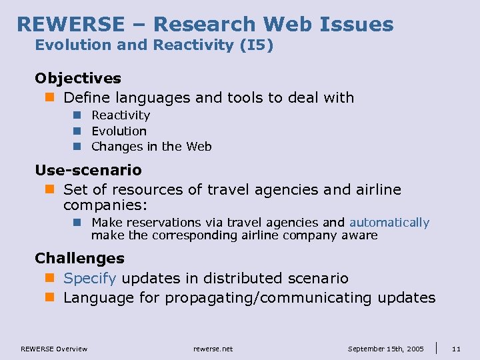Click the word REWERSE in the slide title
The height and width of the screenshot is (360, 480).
pos(69,25)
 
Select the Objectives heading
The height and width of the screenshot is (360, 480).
pos(78,79)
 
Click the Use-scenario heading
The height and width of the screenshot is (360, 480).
pos(88,171)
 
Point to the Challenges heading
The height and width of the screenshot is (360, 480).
pos(79,258)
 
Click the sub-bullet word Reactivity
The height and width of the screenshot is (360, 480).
pos(121,115)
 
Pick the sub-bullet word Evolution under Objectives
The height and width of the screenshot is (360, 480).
pos(119,131)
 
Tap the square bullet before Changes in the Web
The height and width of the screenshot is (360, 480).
pos(77,147)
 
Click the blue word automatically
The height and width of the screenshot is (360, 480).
pos(389,223)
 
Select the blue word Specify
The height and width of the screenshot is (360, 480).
pos(90,278)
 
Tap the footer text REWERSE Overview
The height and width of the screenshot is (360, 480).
pos(54,349)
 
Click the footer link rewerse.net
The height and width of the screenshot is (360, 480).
pos(213,349)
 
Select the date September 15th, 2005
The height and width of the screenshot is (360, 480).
pos(386,349)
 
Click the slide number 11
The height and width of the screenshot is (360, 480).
pos(457,349)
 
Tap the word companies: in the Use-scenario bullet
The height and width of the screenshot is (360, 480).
pos(105,205)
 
